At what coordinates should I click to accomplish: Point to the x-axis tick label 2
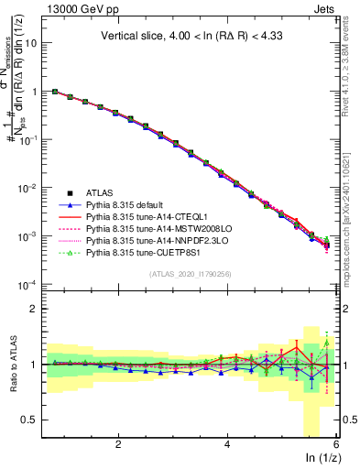tap(118, 443)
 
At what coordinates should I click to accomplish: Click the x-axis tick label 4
tap(227, 443)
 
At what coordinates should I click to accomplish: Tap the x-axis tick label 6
tap(335, 443)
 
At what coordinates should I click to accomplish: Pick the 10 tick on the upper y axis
tap(32, 43)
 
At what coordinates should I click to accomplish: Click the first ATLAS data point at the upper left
tap(55, 92)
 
